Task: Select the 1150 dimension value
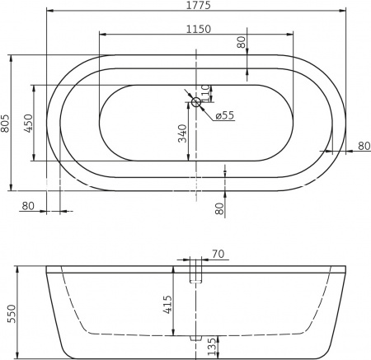click(195, 29)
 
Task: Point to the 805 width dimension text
click(7, 123)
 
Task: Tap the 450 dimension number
click(28, 123)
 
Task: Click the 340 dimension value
click(183, 133)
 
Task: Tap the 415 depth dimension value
click(167, 306)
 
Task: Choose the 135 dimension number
click(214, 346)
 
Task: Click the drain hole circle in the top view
click(196, 102)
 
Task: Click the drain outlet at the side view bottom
click(196, 338)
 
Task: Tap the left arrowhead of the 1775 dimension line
click(49, 12)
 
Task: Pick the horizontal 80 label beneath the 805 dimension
click(28, 205)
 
